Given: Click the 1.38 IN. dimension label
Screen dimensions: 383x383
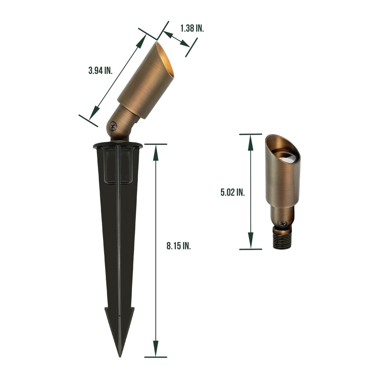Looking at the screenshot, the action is click(x=192, y=28).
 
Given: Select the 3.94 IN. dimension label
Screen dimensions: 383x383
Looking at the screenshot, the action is click(x=100, y=70).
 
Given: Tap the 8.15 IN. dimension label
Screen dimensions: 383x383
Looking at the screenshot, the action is click(x=179, y=246).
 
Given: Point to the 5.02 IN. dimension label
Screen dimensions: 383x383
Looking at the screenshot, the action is click(x=232, y=192).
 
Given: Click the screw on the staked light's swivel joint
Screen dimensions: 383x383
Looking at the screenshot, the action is click(x=113, y=126).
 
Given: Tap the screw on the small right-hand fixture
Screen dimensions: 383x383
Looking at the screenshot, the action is click(x=283, y=223).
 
